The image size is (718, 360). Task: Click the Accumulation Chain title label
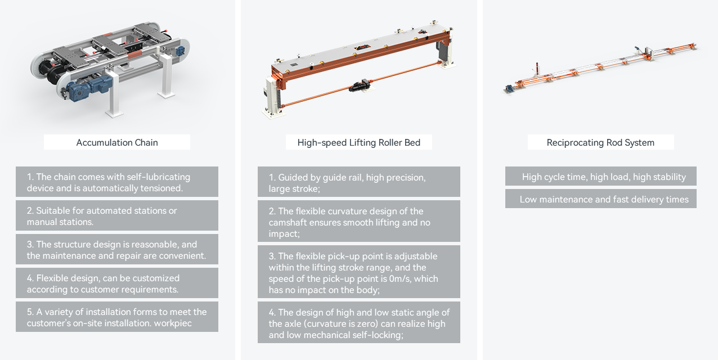[x=117, y=142]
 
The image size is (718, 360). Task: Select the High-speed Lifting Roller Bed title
[x=358, y=142]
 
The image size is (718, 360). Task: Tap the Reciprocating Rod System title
[x=601, y=142]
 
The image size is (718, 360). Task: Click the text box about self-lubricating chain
[x=117, y=182]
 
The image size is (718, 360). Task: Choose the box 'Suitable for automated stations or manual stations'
[x=117, y=215]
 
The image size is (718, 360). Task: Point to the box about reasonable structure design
[x=117, y=249]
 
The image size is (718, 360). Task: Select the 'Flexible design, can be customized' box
[x=117, y=283]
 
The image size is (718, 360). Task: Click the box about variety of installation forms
[x=117, y=317]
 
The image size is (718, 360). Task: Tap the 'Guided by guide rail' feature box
[x=358, y=182]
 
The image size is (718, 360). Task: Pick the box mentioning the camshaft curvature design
[x=358, y=221]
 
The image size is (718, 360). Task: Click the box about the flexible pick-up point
[x=358, y=272]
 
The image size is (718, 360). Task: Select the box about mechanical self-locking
[x=358, y=322]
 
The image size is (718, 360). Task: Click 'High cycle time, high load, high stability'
[x=601, y=176]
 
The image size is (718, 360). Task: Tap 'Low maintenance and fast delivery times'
[x=601, y=199]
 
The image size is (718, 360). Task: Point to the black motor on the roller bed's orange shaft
[x=360, y=85]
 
